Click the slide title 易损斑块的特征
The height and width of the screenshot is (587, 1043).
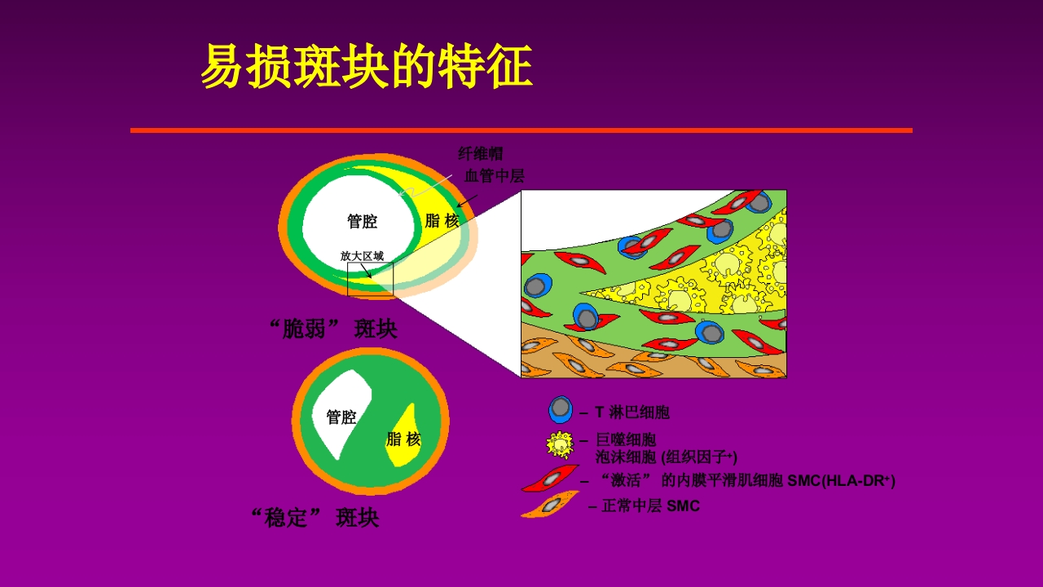coord(366,66)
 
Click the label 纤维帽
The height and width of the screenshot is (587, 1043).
coord(481,154)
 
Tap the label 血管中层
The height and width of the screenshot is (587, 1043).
coord(494,175)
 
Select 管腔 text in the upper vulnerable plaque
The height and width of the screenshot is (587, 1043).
coord(362,222)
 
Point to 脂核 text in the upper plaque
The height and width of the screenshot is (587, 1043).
coord(442,221)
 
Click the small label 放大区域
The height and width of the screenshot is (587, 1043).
coord(362,256)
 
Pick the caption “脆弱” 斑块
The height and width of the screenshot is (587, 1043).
coord(333,329)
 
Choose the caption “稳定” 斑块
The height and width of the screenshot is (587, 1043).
coord(315,518)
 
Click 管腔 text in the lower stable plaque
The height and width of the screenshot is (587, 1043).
coord(341,417)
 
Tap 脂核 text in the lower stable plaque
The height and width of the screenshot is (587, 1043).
coord(403,439)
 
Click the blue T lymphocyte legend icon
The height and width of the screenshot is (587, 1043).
coord(560,409)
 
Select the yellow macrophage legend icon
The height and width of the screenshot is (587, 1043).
coord(560,444)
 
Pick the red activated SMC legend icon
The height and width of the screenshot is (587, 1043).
coord(551,479)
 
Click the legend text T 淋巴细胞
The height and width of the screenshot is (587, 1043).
coord(632,413)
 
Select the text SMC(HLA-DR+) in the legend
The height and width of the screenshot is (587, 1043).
coord(841,480)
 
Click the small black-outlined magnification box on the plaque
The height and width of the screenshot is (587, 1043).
coord(370,280)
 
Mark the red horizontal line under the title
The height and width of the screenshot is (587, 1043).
coord(521,130)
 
